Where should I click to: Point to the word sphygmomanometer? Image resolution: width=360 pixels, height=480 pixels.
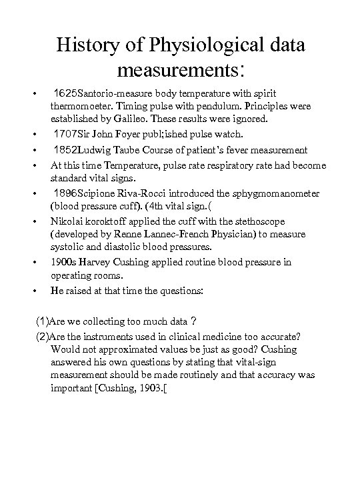point(263,193)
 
